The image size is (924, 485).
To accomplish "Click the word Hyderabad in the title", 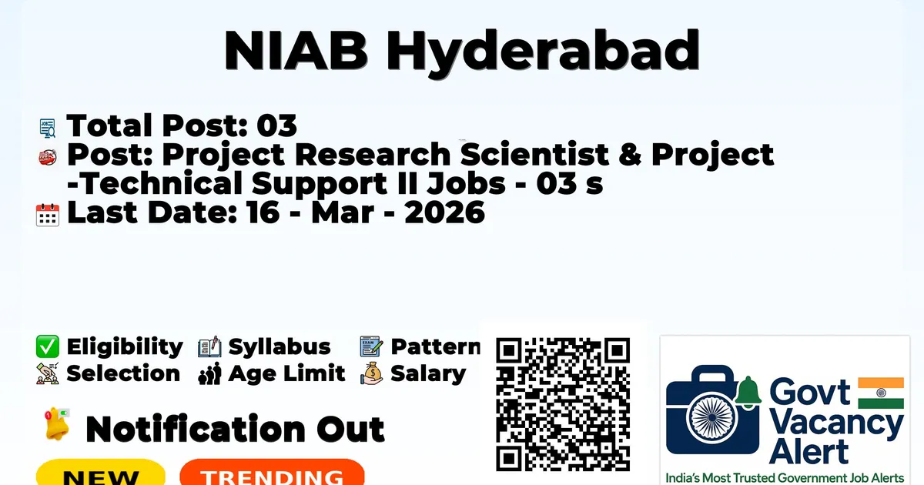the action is [x=543, y=52].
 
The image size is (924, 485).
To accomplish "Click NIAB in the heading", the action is [x=296, y=50].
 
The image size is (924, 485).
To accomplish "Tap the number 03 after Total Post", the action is [x=276, y=125].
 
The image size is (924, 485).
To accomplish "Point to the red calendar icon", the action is [x=48, y=215].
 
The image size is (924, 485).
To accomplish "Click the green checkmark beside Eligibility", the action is [x=48, y=346].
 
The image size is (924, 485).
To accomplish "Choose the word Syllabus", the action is [x=280, y=346].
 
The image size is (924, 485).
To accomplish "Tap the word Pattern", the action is [x=436, y=346].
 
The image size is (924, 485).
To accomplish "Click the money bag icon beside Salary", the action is [x=372, y=373].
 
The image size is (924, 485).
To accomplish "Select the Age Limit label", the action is [x=286, y=373].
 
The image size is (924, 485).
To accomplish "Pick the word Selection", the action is [x=123, y=373].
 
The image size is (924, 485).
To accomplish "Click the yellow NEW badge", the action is [x=101, y=472].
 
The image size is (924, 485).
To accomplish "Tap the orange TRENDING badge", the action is [x=273, y=472].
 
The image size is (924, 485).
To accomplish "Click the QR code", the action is [x=563, y=404].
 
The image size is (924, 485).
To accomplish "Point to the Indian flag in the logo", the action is [x=881, y=393].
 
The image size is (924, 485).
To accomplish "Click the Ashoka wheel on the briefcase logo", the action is [x=712, y=417].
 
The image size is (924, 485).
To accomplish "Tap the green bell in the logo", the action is [x=748, y=392].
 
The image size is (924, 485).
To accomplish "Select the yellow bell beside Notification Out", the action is [x=57, y=424].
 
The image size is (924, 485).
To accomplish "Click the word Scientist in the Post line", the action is [x=534, y=154].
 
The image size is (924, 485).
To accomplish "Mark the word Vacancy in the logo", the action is [x=836, y=423].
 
